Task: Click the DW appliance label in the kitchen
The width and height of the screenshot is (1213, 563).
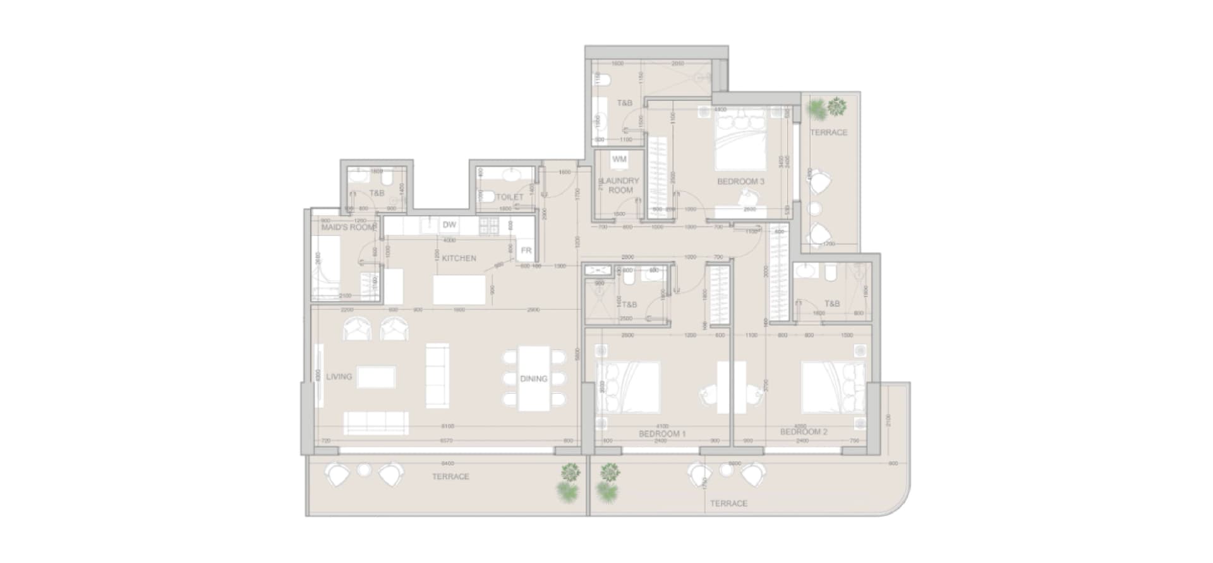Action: coord(449,225)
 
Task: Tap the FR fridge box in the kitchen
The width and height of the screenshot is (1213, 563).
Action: coord(526,251)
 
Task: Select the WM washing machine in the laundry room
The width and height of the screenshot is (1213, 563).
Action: coord(619,159)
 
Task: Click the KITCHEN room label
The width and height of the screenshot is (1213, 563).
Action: coord(459,258)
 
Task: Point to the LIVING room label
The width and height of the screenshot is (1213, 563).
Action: coord(339,377)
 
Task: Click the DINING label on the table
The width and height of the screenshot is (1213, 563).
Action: coord(533,379)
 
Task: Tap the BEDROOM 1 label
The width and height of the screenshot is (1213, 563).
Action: coord(661,434)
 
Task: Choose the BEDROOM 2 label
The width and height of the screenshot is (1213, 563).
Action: coord(803,432)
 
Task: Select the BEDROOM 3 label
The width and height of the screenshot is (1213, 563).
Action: coord(740,182)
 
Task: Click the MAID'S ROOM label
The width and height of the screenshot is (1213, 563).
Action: coord(349,227)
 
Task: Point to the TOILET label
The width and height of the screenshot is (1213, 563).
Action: coord(509,197)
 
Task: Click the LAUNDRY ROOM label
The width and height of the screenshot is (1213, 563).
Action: coord(620,185)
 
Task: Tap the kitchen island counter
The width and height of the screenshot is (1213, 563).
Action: coord(459,290)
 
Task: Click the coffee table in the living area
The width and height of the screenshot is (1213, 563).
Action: coord(376,377)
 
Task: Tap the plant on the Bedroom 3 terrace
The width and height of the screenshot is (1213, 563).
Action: coord(828,108)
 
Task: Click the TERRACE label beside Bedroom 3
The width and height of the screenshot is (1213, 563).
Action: coord(828,133)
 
